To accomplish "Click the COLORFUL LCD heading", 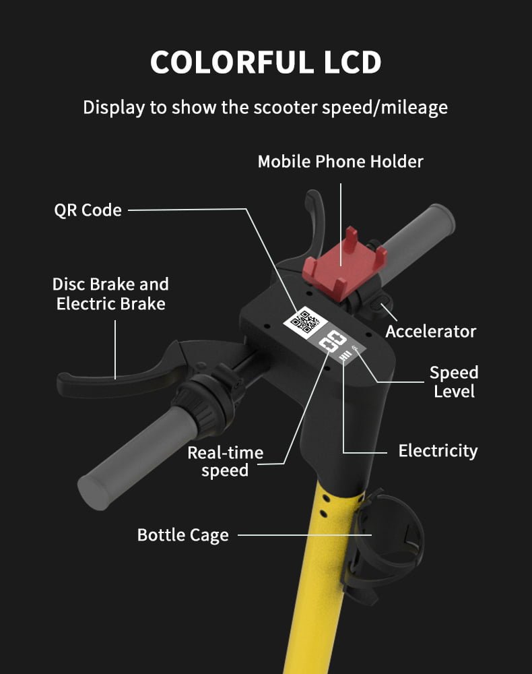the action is coord(266,63).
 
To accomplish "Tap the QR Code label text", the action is coord(88,210).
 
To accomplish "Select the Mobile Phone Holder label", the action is coord(341,162).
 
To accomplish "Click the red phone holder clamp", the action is coord(344,264).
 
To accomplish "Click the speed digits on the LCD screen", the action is coord(333,343).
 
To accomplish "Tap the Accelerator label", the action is coord(431,332).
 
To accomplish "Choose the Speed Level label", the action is coord(454,381).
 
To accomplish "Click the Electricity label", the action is coord(438,451).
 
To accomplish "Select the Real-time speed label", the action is coord(226,462).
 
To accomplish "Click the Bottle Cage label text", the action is coord(183,536).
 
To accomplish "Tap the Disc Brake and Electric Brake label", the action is coord(111,294).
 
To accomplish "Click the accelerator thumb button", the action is coord(380,302).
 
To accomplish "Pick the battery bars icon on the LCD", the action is coord(345,355).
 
